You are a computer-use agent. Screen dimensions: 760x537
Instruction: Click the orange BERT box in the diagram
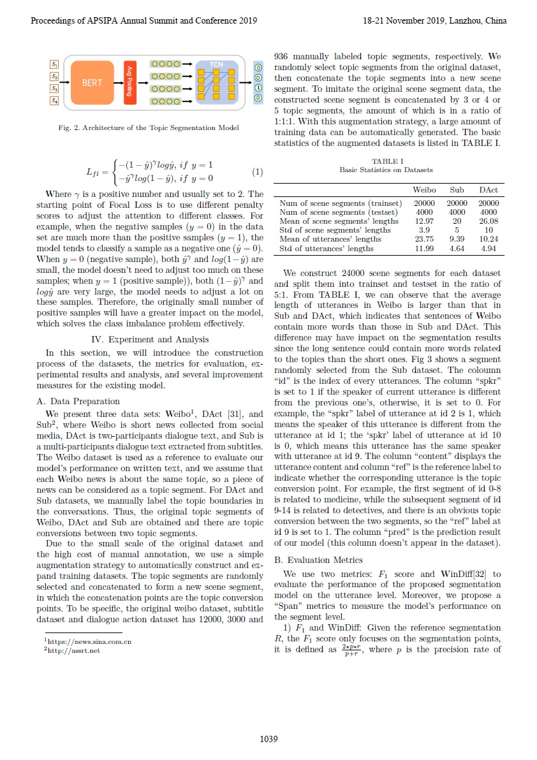91,82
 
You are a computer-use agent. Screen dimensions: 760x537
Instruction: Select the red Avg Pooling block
129,82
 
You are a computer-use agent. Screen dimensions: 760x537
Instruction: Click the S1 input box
54,64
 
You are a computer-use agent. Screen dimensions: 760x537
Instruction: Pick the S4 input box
54,100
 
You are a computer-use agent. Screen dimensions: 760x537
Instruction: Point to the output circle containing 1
258,89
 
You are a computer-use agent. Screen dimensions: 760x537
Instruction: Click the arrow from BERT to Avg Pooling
117,82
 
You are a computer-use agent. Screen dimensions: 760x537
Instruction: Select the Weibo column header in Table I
425,190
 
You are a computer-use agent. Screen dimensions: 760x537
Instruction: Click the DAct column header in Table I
489,190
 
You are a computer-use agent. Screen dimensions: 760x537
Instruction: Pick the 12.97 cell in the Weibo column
425,221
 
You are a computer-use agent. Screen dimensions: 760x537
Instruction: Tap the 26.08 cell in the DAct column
489,221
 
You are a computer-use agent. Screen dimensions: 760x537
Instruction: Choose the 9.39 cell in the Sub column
457,239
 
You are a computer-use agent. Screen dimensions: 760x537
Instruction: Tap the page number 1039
268,739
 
